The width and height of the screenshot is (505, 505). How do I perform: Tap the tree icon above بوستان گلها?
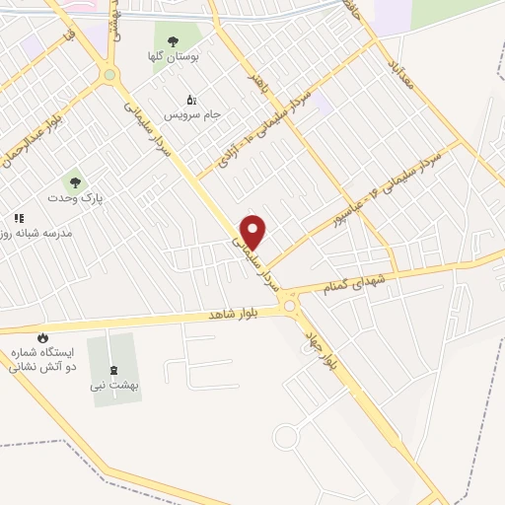(x=174, y=41)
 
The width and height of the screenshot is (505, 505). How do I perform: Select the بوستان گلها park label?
(x=174, y=58)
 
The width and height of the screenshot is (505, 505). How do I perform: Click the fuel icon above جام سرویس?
(x=191, y=99)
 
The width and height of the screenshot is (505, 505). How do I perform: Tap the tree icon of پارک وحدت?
(x=72, y=181)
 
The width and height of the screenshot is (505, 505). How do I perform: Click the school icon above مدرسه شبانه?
(x=18, y=218)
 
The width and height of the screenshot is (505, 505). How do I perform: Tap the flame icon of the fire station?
(x=42, y=337)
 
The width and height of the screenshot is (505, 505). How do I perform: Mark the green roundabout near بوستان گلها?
(x=109, y=75)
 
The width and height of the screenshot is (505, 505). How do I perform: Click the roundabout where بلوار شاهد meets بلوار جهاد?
(x=290, y=308)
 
